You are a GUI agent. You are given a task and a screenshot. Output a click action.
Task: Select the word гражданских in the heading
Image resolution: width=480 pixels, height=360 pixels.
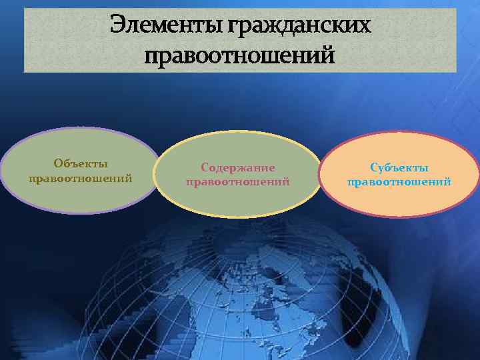[x=299, y=25]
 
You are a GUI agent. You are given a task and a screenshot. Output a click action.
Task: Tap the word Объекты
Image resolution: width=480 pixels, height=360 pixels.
[x=81, y=164]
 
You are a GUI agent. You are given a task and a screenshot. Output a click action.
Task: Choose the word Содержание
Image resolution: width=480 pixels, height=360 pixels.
[x=238, y=168]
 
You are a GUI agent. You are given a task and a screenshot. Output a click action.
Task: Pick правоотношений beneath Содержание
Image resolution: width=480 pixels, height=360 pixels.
[x=238, y=181]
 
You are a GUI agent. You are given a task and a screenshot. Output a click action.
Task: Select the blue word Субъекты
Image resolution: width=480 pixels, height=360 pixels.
[x=399, y=168]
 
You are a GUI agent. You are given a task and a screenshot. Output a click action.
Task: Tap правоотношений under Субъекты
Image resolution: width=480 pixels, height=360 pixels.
[x=399, y=181]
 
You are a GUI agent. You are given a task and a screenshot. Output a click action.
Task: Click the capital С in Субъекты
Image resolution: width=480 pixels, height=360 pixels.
[x=374, y=168]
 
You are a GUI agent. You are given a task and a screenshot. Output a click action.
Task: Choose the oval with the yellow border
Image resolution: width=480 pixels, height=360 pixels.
[x=238, y=200]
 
